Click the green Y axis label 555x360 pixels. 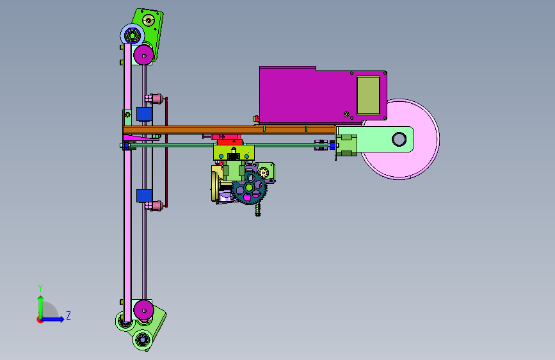40,288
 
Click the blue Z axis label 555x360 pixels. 68,315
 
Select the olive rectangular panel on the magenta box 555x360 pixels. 368,95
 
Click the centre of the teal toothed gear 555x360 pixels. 249,188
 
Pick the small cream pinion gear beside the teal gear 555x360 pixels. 263,172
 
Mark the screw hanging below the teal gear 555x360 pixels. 258,209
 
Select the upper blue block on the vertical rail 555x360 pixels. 145,114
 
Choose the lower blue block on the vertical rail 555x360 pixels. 145,196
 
